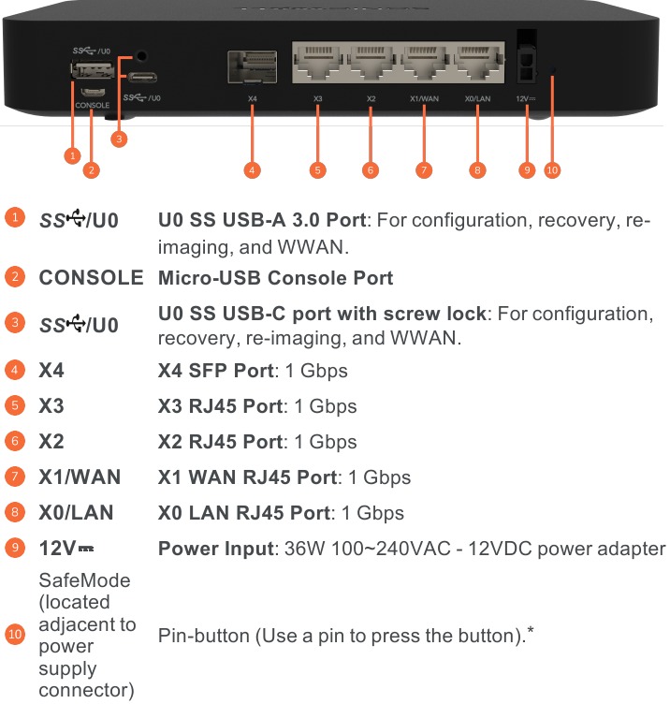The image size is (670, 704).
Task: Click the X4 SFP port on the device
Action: tap(253, 67)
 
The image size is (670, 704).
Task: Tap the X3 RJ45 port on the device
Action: tap(318, 64)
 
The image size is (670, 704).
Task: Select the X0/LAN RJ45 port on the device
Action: tap(477, 64)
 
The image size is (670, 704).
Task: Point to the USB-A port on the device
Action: tap(93, 70)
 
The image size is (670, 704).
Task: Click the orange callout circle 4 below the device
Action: tap(252, 169)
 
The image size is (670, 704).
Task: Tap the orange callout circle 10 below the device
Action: tap(552, 169)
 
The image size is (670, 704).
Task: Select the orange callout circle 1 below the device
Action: tap(71, 154)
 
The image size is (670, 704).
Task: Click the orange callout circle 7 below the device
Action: tap(425, 169)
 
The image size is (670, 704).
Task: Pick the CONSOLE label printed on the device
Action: tap(93, 106)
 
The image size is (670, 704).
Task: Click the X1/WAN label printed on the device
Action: tap(424, 97)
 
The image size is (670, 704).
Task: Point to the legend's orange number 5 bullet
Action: tap(15, 406)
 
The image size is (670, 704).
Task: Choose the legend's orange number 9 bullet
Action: tap(15, 549)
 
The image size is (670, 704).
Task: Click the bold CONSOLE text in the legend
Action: tap(91, 278)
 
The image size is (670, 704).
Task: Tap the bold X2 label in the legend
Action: tap(51, 442)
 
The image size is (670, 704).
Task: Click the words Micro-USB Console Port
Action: tap(275, 278)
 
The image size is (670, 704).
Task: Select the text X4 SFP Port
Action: tap(216, 371)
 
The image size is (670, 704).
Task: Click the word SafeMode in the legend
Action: tap(84, 580)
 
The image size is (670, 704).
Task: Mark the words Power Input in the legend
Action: tap(214, 549)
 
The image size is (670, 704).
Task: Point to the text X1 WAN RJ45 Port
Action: tap(247, 477)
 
